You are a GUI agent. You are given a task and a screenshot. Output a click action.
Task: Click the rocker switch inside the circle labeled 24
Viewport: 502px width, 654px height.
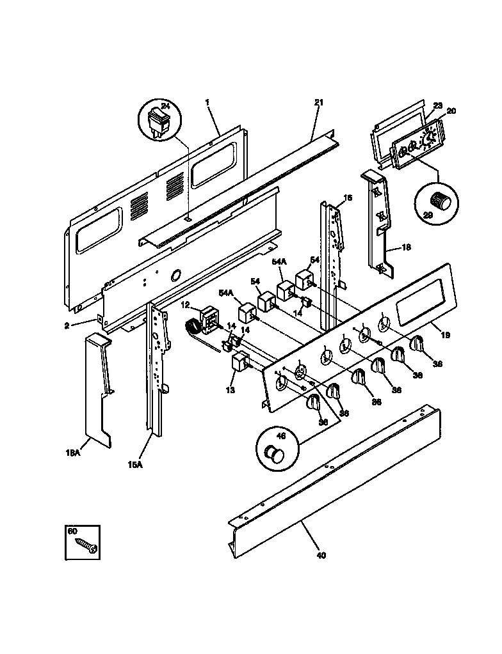point(159,123)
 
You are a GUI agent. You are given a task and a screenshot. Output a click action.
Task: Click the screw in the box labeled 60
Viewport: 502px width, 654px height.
point(85,544)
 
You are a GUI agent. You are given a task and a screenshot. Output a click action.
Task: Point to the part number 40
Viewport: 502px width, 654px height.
point(321,555)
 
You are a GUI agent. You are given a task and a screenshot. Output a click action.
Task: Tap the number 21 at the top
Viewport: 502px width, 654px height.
point(319,102)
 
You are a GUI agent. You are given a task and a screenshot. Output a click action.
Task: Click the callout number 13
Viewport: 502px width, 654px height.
point(230,389)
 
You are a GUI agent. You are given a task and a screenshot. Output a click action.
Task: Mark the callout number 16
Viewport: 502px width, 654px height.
point(348,198)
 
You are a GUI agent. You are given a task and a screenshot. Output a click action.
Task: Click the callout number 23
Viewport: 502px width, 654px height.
point(438,106)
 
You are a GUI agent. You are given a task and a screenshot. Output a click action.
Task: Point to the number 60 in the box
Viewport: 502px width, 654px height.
point(72,531)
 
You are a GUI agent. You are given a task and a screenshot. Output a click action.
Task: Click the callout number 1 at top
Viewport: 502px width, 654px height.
point(207,102)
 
